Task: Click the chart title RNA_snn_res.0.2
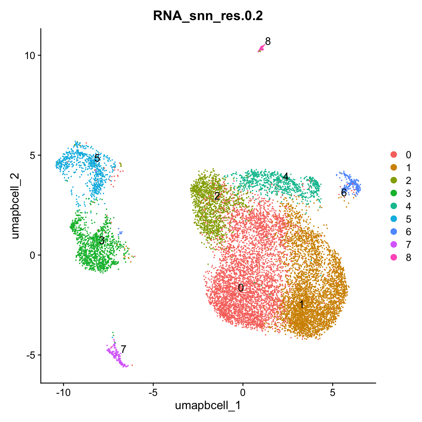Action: tap(208, 16)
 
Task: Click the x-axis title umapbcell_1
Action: tap(208, 405)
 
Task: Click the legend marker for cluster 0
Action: tap(393, 154)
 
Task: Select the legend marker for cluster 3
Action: tap(393, 193)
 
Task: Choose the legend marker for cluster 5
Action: tap(393, 219)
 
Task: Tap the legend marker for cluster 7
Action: tap(393, 245)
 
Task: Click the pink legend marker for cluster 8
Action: tap(393, 257)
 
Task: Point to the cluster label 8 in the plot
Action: tap(268, 41)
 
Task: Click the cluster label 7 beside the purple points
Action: tap(123, 349)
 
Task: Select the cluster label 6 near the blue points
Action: tap(344, 193)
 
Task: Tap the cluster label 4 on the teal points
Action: tap(285, 177)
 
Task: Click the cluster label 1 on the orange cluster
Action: tap(301, 304)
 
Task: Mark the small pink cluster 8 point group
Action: tap(261, 48)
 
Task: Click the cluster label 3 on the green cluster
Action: tap(102, 241)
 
